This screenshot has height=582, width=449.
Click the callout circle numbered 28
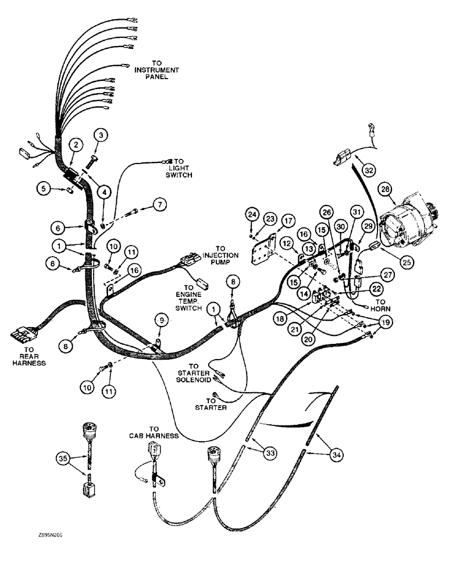click(x=384, y=189)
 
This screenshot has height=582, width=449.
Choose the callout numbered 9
click(x=162, y=320)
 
